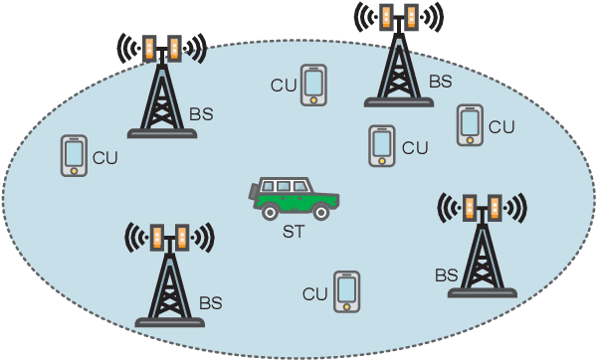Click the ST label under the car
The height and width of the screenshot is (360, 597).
295,233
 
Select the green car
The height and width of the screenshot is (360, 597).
295,198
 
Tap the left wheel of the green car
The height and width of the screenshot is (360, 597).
269,210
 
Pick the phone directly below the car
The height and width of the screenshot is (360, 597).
346,290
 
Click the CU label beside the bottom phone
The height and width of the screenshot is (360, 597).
315,294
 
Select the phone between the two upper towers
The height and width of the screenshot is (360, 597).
314,85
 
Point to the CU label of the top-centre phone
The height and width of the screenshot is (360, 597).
284,87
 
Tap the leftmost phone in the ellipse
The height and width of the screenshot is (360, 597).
73,155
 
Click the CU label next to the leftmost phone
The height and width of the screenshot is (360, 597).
104,157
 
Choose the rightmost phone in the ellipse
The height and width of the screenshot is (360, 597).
469,124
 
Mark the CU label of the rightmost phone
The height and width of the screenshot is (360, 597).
501,126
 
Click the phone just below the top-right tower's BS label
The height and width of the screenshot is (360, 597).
381,145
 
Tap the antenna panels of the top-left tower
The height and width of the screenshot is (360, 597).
161,48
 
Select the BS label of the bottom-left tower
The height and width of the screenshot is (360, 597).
211,302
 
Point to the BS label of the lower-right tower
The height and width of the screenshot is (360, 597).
447,273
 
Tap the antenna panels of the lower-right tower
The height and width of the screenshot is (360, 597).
482,208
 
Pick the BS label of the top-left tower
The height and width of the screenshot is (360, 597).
201,115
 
